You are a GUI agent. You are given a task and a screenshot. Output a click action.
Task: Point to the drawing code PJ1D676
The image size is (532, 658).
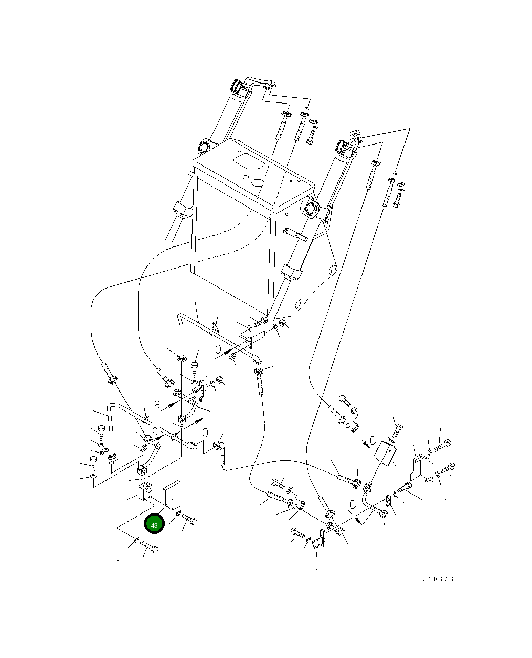[435, 579]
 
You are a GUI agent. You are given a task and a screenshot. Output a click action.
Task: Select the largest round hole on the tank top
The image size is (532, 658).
[258, 183]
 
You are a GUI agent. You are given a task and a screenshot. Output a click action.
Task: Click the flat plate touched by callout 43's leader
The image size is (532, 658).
[172, 496]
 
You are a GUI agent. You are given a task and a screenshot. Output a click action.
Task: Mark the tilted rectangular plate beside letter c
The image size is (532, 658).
[385, 453]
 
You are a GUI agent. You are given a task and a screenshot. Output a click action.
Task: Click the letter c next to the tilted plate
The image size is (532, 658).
[373, 440]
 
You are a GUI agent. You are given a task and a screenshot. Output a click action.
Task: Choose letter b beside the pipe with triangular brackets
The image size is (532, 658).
[218, 349]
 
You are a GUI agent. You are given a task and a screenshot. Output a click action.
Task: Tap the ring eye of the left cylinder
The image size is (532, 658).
[204, 146]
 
